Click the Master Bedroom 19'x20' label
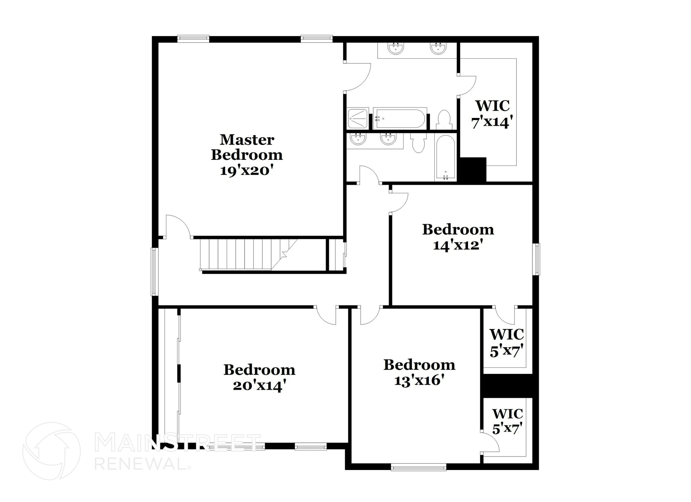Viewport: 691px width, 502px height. coord(247,155)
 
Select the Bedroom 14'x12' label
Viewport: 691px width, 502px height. coord(458,237)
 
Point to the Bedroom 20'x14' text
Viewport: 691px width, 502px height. coord(259,378)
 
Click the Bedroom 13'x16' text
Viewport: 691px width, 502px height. coord(419,373)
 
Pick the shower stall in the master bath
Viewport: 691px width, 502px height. coord(357,118)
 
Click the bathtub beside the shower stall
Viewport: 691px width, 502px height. coord(400,118)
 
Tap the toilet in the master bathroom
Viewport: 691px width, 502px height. coord(444,120)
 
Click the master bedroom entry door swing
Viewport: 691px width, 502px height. coord(178,227)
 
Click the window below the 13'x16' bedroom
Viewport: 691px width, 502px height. coord(418,467)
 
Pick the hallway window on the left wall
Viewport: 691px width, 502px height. coord(155,271)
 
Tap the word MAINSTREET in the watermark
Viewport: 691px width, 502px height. coord(177,443)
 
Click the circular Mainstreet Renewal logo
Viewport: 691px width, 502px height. coord(51,451)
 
